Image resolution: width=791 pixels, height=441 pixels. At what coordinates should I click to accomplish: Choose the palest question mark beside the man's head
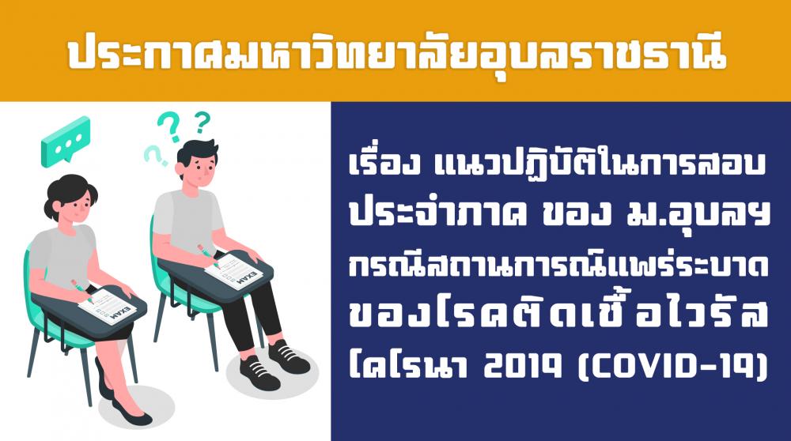(x=155, y=156)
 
